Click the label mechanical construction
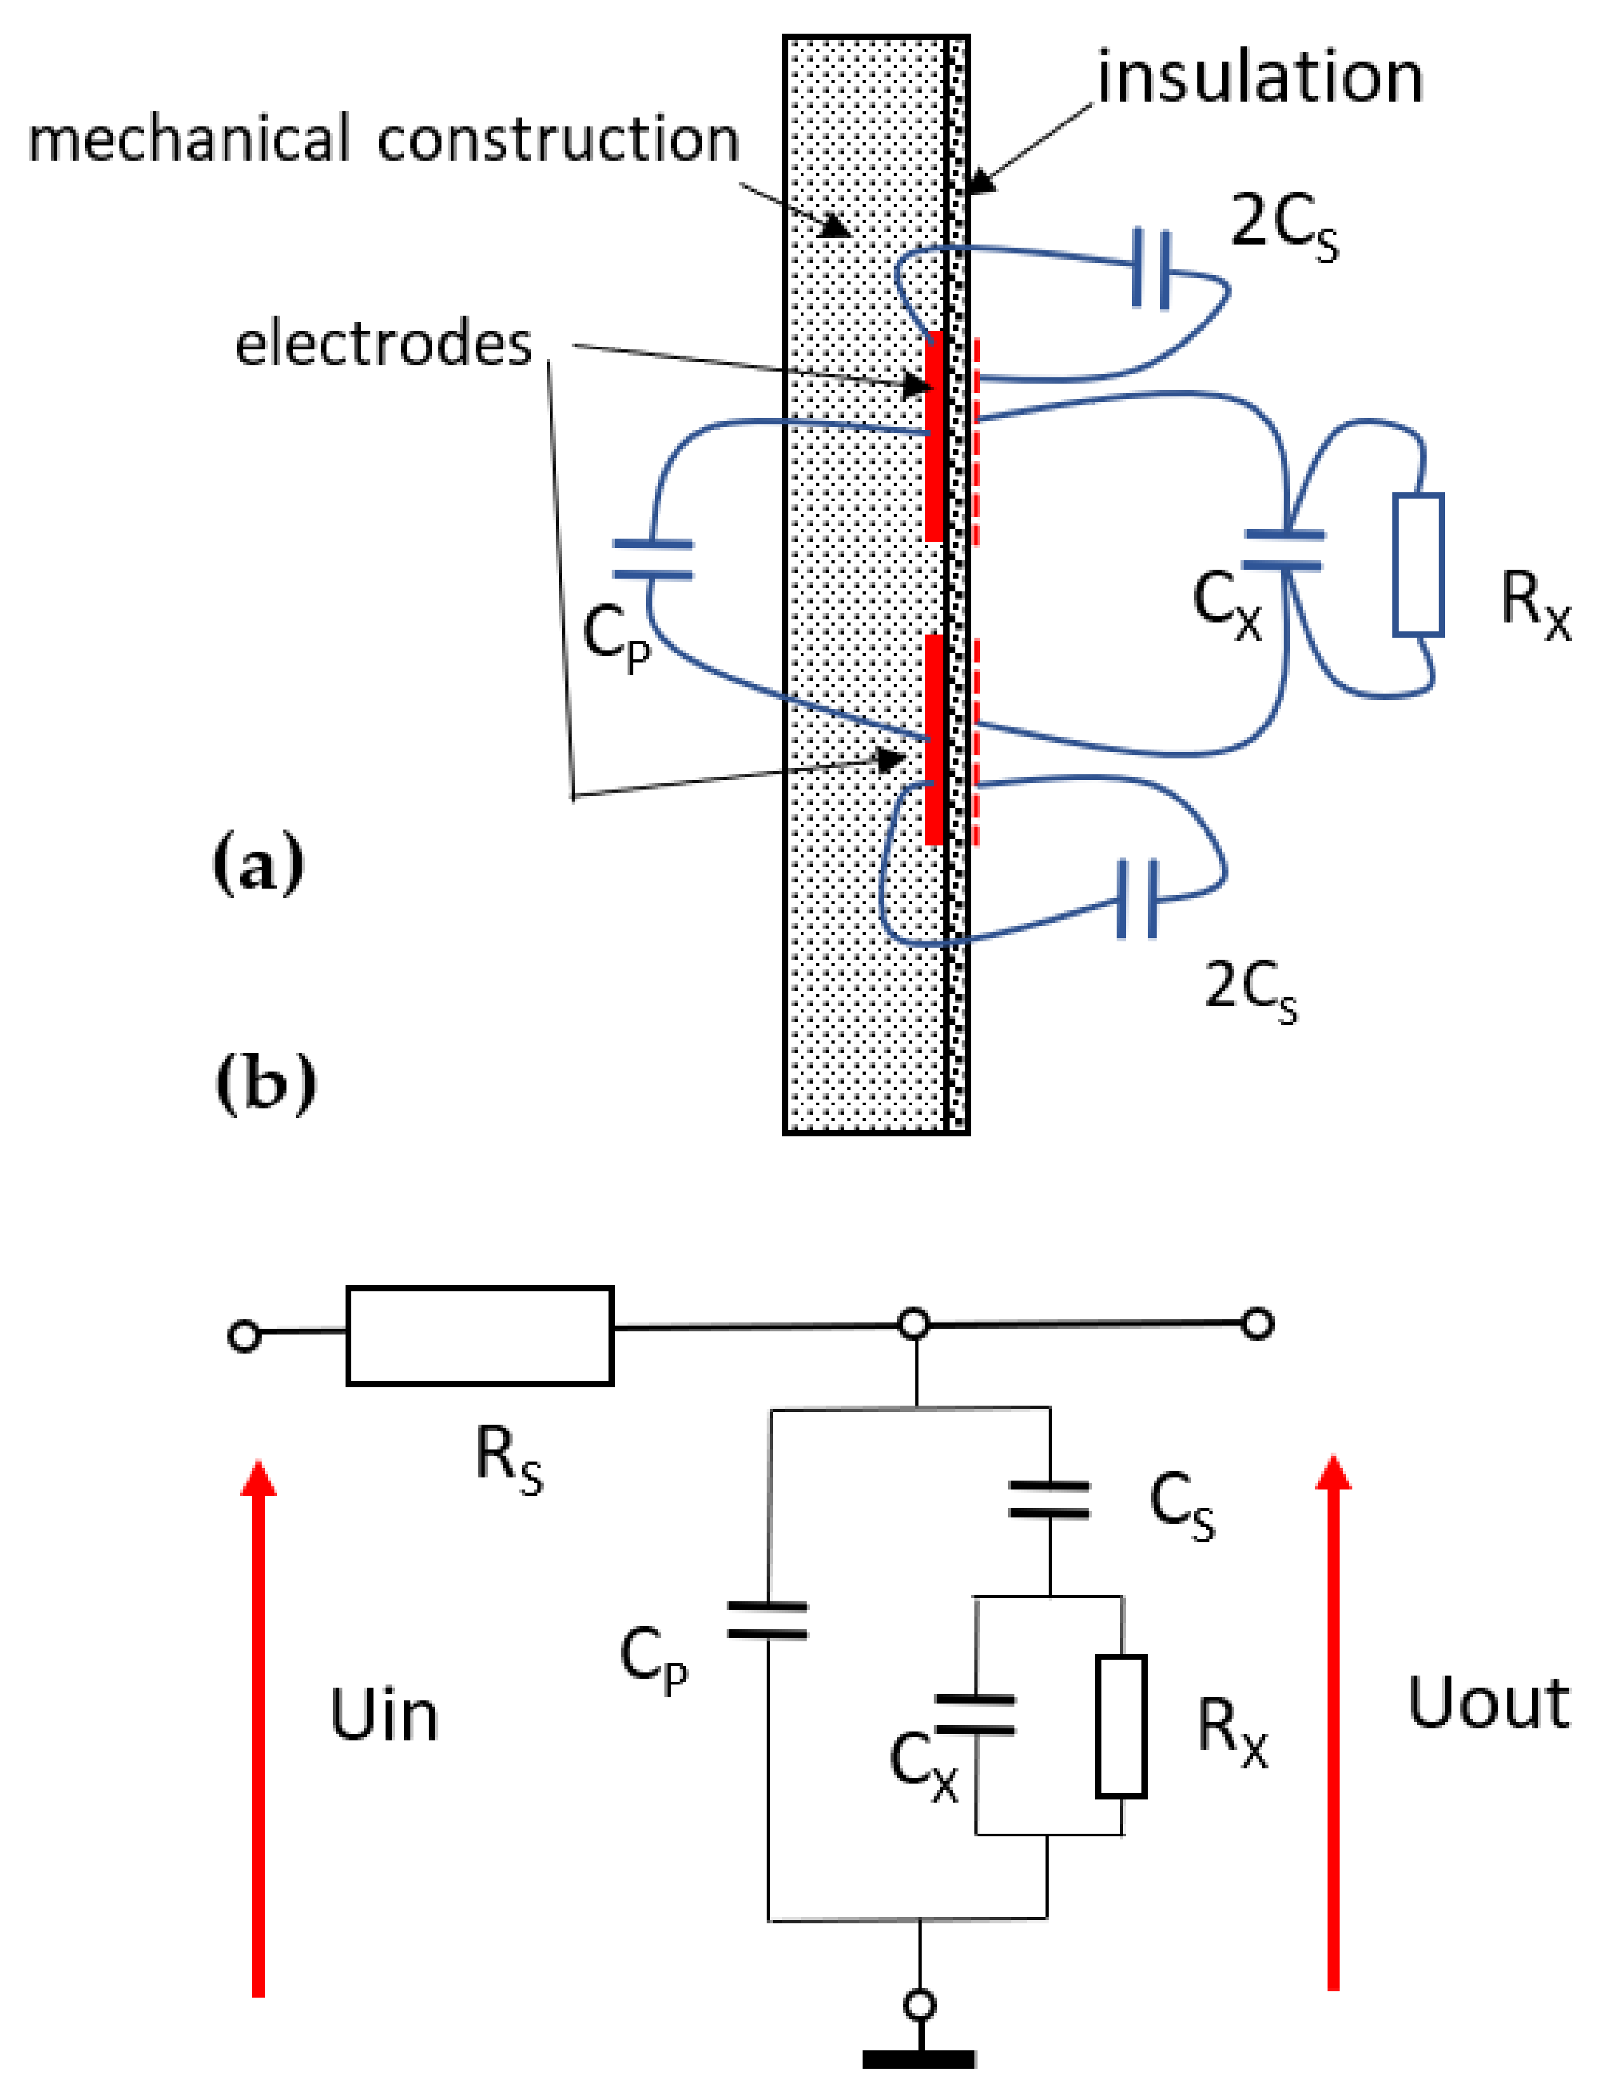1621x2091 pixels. click(383, 140)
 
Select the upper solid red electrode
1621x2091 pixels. click(934, 436)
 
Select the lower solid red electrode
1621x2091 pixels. click(934, 739)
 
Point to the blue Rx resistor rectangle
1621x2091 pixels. click(1417, 565)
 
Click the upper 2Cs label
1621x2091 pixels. click(1283, 226)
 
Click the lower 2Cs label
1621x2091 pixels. click(1249, 988)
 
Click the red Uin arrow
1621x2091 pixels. click(257, 1723)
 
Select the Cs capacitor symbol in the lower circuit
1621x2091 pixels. click(1049, 1500)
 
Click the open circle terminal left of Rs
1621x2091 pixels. click(244, 1336)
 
